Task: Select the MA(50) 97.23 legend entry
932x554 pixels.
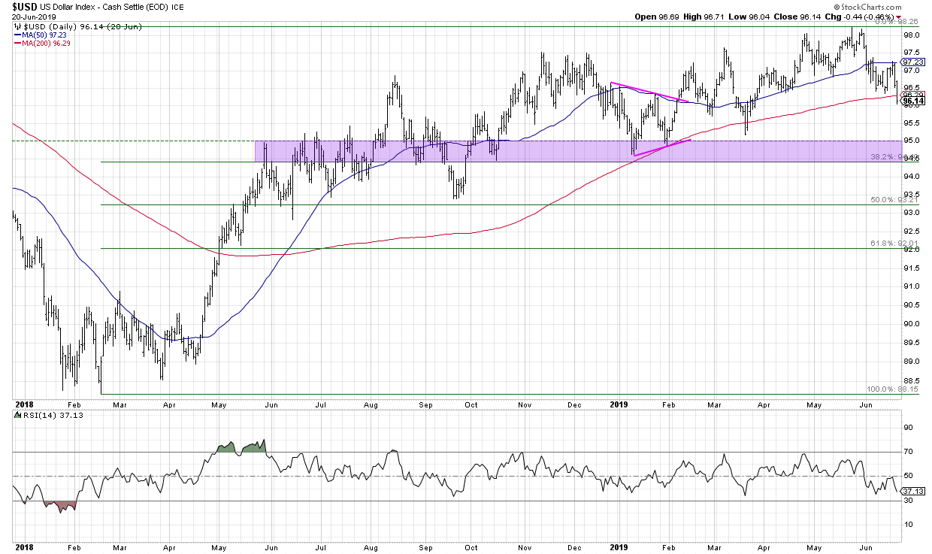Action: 38,35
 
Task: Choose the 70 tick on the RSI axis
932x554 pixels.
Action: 907,452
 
